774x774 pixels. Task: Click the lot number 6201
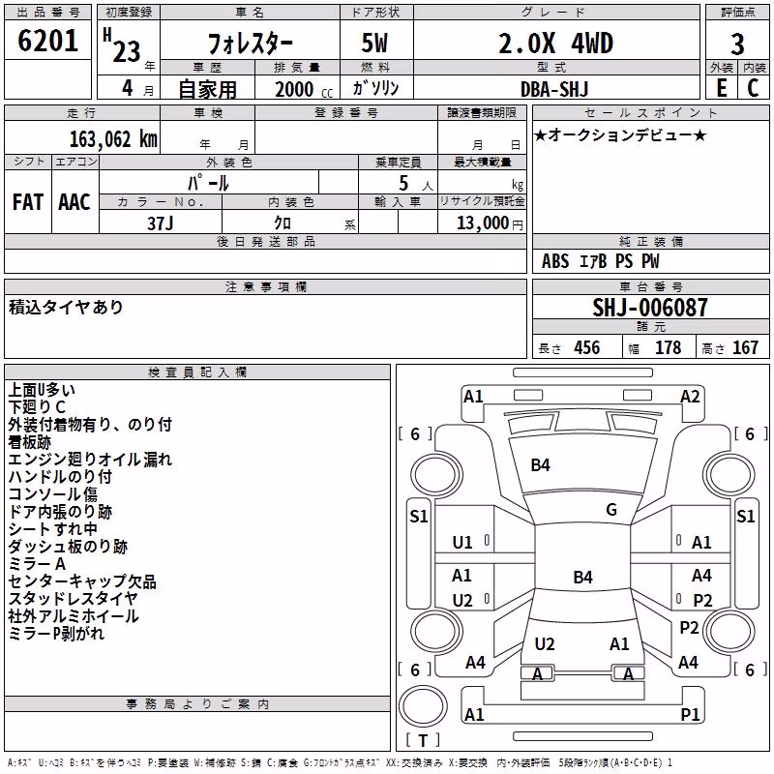click(x=47, y=41)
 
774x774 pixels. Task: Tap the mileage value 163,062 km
click(x=113, y=139)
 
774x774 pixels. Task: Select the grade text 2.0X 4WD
click(x=555, y=44)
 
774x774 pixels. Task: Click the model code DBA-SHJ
click(x=554, y=89)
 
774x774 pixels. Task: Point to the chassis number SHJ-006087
click(x=650, y=308)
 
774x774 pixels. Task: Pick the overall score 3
click(x=737, y=45)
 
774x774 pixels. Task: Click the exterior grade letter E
click(x=722, y=88)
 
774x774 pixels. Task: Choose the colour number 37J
click(x=160, y=223)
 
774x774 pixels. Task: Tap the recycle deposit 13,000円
click(x=490, y=223)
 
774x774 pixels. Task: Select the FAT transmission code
click(x=28, y=202)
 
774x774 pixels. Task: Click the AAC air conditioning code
click(x=74, y=202)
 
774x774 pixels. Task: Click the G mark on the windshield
click(x=611, y=510)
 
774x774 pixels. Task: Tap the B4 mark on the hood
click(x=540, y=465)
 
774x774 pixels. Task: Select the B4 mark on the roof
click(x=582, y=577)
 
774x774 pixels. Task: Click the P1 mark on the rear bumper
click(x=690, y=714)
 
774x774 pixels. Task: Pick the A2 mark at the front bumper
click(x=690, y=397)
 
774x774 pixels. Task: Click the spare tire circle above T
click(x=423, y=706)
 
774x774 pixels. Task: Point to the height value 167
click(x=745, y=347)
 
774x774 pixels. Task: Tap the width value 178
click(x=668, y=347)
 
